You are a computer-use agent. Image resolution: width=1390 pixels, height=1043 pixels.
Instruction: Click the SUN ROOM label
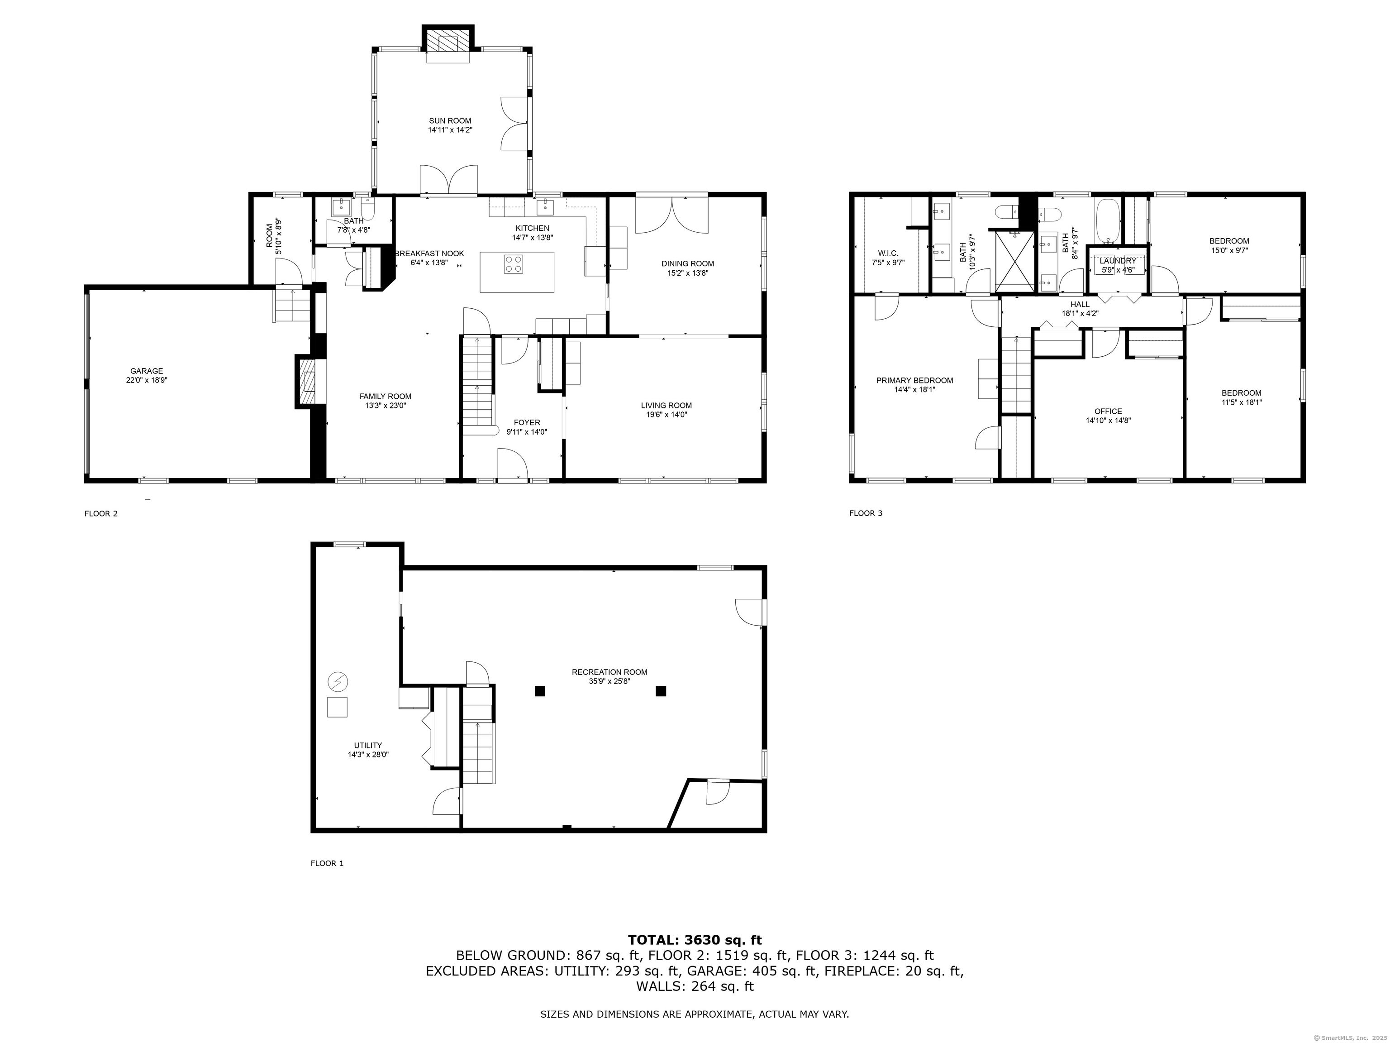pos(450,121)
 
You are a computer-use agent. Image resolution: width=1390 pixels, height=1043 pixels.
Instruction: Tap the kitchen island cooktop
pos(514,264)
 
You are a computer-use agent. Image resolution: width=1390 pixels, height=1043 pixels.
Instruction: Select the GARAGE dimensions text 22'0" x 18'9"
pos(147,380)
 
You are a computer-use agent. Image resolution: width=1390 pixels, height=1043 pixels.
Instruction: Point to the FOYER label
pos(527,422)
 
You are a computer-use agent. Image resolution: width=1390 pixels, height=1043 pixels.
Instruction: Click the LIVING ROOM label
pos(666,406)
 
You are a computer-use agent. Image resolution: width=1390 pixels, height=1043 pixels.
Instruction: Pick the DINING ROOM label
pos(687,263)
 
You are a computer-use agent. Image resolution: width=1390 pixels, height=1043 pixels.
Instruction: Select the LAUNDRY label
pos(1118,261)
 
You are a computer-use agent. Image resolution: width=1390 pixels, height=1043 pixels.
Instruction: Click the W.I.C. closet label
pos(888,254)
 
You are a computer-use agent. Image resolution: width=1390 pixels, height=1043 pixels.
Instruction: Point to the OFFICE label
pos(1108,412)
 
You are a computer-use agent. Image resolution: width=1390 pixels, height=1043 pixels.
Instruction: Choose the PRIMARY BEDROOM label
pos(914,380)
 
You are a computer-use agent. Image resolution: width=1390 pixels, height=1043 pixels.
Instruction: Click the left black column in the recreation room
pos(539,691)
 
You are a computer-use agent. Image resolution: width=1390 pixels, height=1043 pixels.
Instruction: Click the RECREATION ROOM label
pos(609,672)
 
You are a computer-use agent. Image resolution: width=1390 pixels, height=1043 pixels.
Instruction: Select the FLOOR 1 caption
pos(327,863)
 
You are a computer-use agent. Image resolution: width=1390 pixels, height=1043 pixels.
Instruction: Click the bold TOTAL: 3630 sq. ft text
pos(695,940)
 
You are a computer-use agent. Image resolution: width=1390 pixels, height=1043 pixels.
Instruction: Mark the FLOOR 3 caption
pos(865,513)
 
